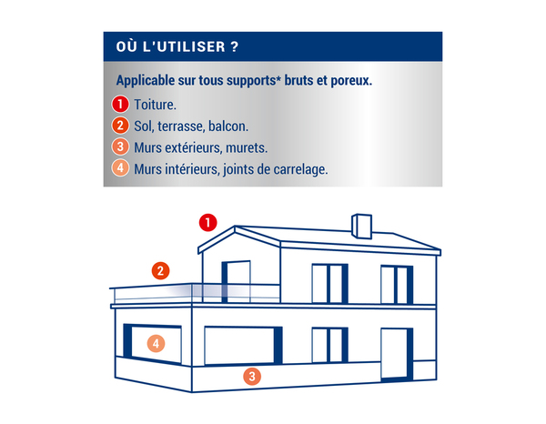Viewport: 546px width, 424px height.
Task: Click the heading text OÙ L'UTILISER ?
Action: coord(178,46)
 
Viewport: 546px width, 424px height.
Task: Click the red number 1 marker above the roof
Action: coord(208,222)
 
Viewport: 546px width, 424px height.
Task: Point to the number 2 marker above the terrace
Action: coord(160,270)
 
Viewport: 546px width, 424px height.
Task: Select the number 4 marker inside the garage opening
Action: coord(157,344)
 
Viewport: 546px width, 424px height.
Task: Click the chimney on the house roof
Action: coord(360,226)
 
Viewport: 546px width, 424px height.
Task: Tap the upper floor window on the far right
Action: coord(397,284)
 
